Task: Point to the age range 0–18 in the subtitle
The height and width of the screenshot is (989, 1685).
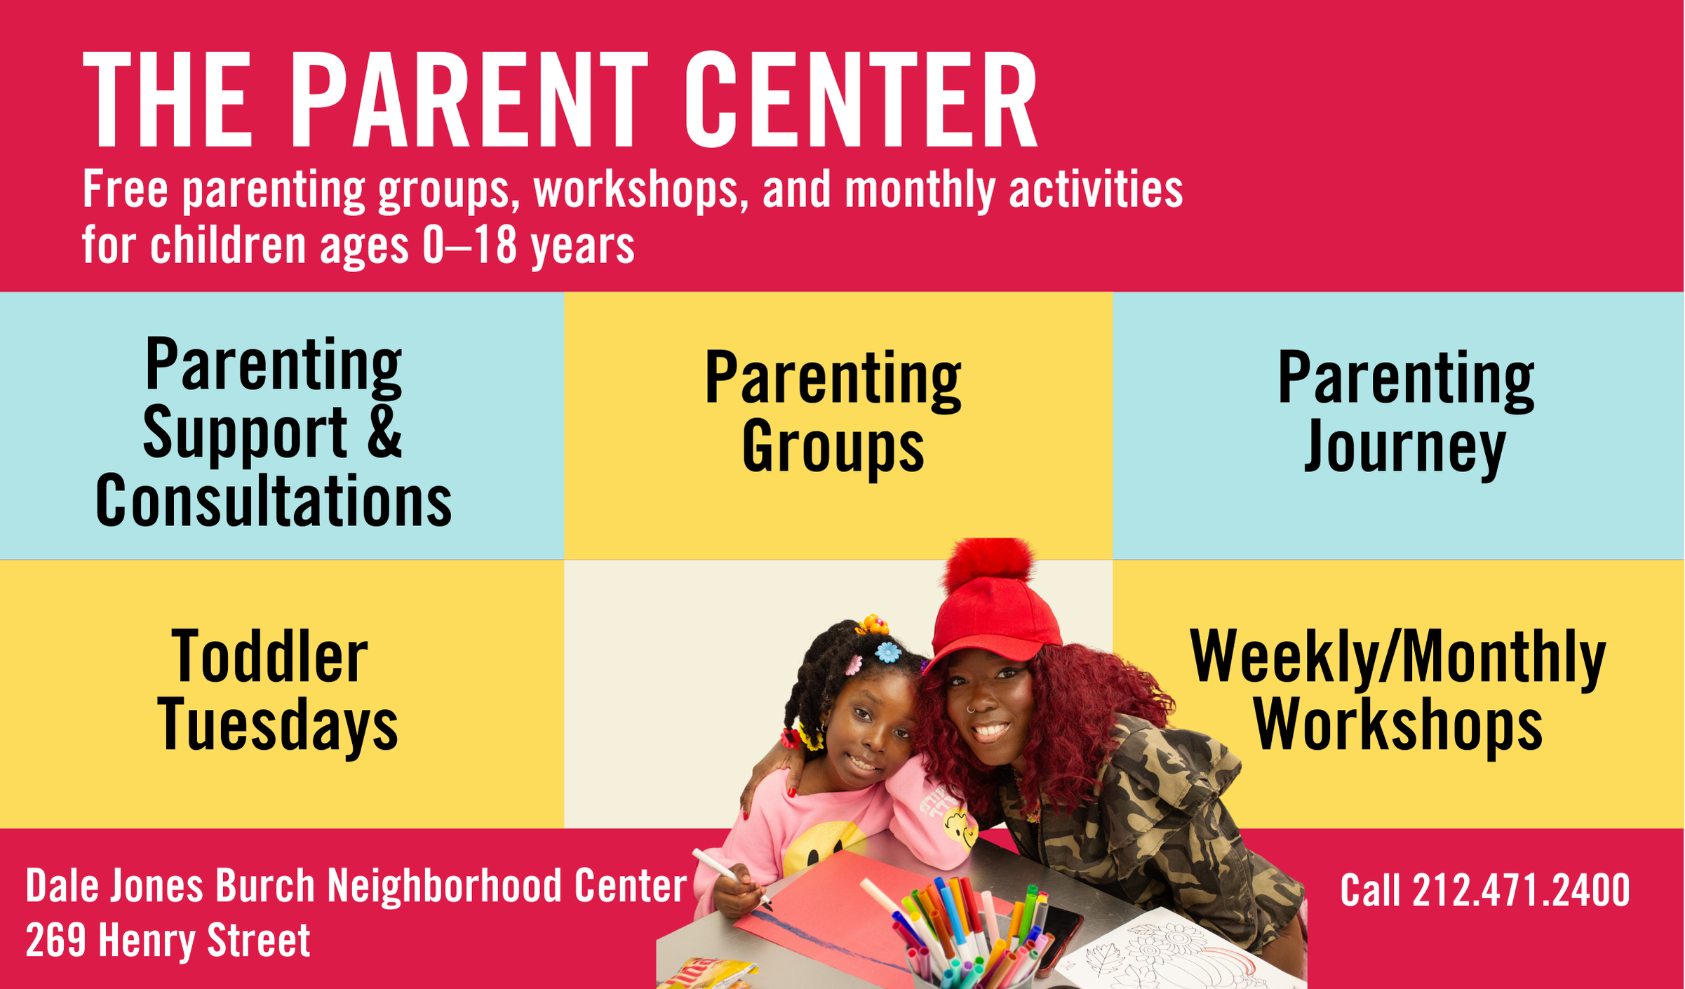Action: click(470, 245)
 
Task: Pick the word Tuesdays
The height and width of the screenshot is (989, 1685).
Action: click(278, 726)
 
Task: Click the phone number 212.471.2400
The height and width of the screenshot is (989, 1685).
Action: click(1521, 891)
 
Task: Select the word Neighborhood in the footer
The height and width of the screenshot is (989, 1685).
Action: click(445, 886)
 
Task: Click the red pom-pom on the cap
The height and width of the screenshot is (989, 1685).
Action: click(989, 565)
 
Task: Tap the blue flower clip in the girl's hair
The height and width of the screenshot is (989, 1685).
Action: click(887, 652)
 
